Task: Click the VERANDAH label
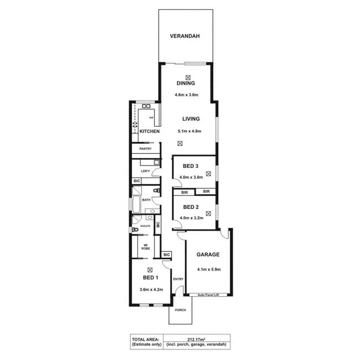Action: click(x=185, y=36)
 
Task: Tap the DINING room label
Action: click(x=185, y=83)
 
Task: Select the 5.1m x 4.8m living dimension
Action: click(x=189, y=131)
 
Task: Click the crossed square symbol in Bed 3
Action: click(x=209, y=174)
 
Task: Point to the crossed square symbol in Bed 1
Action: click(x=150, y=270)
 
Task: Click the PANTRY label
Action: click(x=145, y=149)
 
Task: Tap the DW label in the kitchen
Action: click(x=151, y=117)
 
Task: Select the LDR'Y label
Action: click(x=145, y=171)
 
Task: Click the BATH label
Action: click(x=146, y=200)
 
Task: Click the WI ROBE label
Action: click(x=146, y=247)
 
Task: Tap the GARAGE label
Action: click(x=208, y=255)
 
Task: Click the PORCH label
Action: click(x=180, y=310)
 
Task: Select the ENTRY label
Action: click(x=178, y=279)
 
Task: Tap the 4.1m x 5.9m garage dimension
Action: click(x=209, y=269)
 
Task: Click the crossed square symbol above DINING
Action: click(x=188, y=77)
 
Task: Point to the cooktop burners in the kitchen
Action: click(x=135, y=124)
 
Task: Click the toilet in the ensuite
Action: click(x=134, y=229)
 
